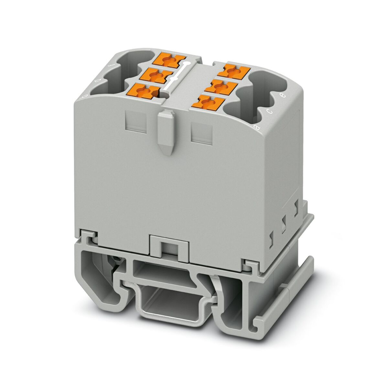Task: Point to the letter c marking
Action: pos(269,112)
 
